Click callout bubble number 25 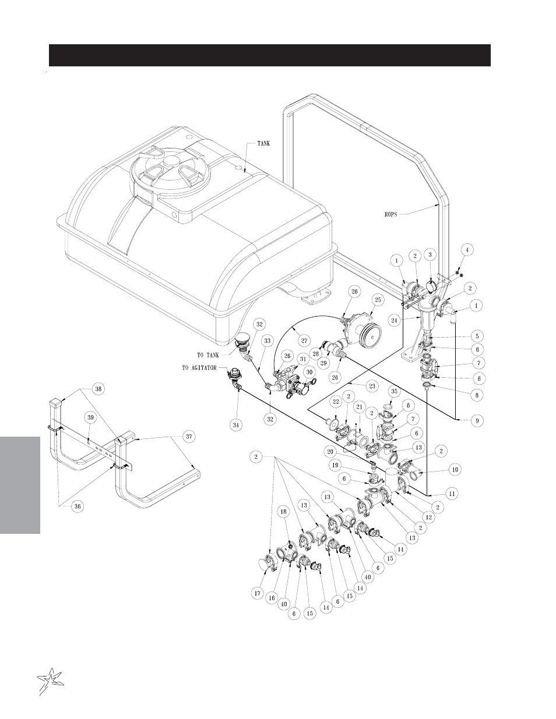(377, 299)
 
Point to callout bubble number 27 (304, 339)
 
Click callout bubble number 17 (258, 593)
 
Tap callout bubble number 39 (90, 417)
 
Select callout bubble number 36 (77, 506)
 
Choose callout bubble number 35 (395, 391)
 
